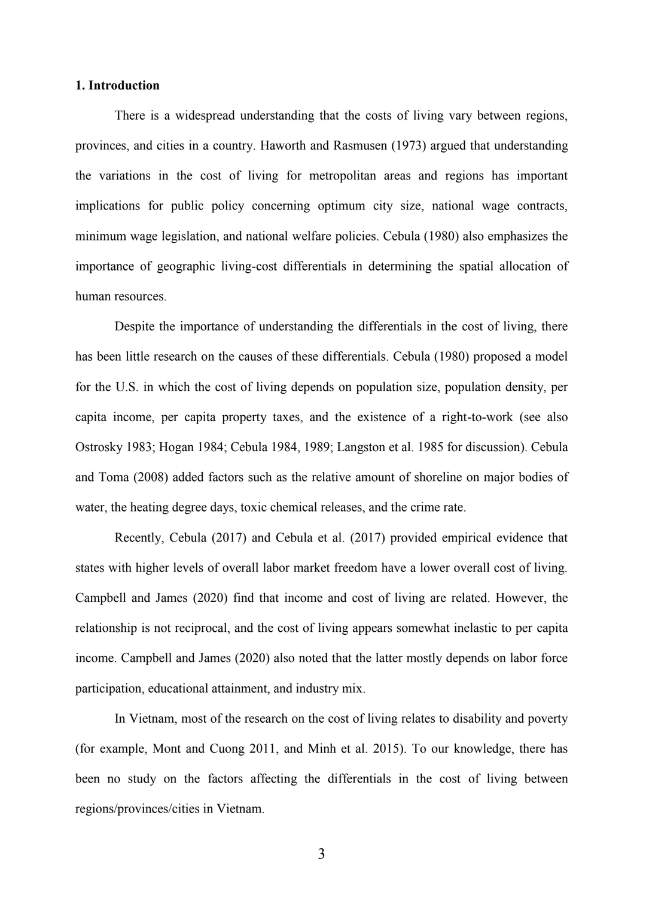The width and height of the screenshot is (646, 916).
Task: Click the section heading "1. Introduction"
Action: coord(117,86)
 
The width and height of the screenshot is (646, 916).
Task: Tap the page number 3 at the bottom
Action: coord(321,854)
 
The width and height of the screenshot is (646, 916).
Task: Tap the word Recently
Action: coord(138,538)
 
